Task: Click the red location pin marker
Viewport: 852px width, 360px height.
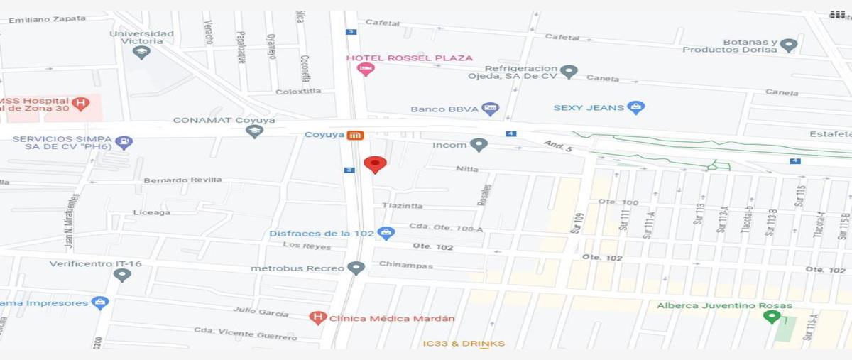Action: coord(375,164)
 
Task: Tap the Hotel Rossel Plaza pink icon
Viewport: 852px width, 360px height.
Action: coord(366,70)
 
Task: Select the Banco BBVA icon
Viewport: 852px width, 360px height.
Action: coord(490,109)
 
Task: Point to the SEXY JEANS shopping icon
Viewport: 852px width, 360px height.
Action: coord(636,108)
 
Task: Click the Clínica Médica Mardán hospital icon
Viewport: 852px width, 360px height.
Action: coord(319,318)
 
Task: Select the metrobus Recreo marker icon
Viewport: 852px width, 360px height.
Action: coord(356,268)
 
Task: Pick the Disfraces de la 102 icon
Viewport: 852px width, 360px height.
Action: coord(386,233)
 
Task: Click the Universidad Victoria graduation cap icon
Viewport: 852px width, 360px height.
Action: coord(141,52)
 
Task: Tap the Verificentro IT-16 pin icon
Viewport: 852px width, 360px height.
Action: coord(122,275)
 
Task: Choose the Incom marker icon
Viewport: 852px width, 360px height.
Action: coord(479,145)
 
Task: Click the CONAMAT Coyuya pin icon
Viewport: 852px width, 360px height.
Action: coord(254,131)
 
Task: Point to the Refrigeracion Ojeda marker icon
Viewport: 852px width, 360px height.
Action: coord(568,72)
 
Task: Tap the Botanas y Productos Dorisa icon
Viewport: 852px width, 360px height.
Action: coord(788,46)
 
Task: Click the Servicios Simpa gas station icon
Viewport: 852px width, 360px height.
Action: coord(124,143)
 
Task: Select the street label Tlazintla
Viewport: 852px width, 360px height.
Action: coord(402,206)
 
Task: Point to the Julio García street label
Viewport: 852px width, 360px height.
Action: coord(261,312)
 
